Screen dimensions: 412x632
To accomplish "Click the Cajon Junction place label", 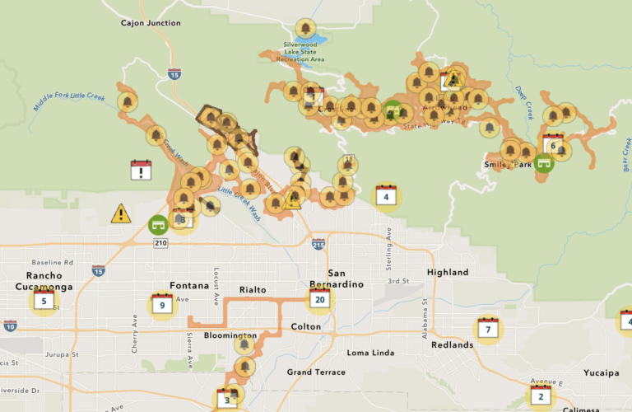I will point(151,23).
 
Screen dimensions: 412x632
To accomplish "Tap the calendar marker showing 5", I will point(44,302).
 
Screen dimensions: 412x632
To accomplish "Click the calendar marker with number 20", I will point(319,300).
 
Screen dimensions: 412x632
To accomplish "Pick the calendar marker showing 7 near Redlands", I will point(488,330).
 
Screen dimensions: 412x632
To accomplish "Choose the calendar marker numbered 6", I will point(553,146).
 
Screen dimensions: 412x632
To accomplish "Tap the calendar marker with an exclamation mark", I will point(142,171).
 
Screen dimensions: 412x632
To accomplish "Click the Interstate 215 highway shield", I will point(318,244).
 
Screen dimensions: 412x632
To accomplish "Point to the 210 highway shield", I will point(159,242).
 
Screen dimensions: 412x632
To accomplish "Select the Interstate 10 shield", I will point(9,326).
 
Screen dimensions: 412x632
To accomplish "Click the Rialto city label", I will point(253,289).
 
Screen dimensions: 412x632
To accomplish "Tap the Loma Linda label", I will point(369,353).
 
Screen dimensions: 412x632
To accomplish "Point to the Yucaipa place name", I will point(601,373).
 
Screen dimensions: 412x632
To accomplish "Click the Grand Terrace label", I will point(316,372).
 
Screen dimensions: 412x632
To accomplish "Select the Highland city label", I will point(448,273).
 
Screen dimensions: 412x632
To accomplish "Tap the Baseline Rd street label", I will point(47,262).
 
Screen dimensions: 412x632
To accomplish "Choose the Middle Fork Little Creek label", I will point(70,102).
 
